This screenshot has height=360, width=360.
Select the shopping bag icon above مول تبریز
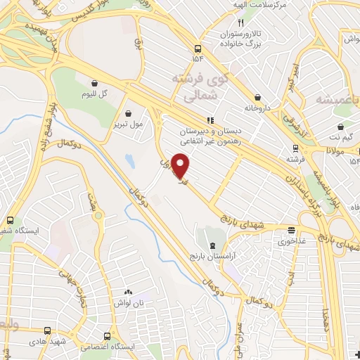click(127, 112)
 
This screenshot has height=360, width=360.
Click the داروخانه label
click(258, 109)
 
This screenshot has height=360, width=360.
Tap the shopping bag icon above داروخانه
click(258, 97)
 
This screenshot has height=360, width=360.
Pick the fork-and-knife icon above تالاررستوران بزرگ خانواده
click(240, 22)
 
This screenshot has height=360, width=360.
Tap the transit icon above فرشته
click(294, 148)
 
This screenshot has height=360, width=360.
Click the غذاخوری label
click(291, 241)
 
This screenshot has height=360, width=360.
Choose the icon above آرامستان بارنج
click(213, 244)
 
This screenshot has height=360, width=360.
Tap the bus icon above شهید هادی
click(48, 330)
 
